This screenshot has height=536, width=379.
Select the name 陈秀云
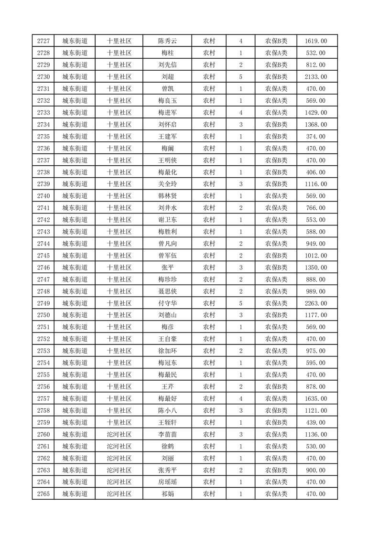pyautogui.click(x=167, y=41)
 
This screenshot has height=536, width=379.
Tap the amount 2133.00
pyautogui.click(x=316, y=77)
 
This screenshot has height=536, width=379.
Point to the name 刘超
pyautogui.click(x=167, y=77)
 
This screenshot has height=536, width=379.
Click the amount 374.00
pyautogui.click(x=316, y=137)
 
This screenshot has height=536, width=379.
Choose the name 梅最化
pyautogui.click(x=167, y=172)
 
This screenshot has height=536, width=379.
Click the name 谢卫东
pyautogui.click(x=167, y=220)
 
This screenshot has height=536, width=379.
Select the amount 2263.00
pyautogui.click(x=316, y=303)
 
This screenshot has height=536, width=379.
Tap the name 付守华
pyautogui.click(x=167, y=303)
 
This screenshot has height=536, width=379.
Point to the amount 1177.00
pyautogui.click(x=316, y=315)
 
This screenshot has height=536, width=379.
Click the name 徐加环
pyautogui.click(x=167, y=351)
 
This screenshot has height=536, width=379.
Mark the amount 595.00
pyautogui.click(x=316, y=363)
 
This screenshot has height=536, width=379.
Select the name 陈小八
pyautogui.click(x=167, y=410)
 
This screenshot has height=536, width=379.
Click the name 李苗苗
pyautogui.click(x=167, y=434)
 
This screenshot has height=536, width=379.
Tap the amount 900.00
pyautogui.click(x=316, y=470)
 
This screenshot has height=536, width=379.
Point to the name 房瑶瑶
pyautogui.click(x=167, y=482)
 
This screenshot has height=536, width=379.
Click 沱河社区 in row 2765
pyautogui.click(x=119, y=494)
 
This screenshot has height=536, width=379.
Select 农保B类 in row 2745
pyautogui.click(x=276, y=256)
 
